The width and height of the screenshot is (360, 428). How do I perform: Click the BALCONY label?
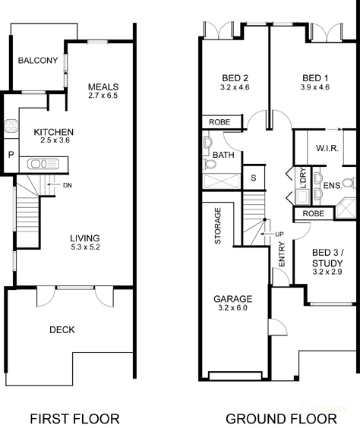38,60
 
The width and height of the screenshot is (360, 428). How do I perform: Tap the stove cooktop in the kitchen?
11,126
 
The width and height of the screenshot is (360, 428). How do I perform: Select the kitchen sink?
43,164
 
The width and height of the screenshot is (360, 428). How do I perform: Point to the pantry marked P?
11,155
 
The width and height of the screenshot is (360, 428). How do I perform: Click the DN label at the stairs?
67,185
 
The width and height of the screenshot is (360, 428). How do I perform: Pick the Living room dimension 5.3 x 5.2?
85,247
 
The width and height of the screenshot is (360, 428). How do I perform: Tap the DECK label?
62,330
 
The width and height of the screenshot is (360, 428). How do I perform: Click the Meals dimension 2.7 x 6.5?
103,96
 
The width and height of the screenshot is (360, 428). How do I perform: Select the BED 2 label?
235,78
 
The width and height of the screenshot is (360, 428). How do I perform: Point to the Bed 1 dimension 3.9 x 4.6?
315,87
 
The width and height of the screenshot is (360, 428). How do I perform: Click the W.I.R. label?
327,148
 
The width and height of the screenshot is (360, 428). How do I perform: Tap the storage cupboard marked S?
254,178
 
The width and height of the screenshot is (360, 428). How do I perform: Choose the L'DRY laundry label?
303,178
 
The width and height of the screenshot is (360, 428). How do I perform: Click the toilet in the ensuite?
349,183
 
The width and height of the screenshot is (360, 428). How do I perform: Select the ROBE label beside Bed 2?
219,122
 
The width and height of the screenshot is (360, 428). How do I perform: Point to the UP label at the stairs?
279,234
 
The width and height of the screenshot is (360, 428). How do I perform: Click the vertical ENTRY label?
282,254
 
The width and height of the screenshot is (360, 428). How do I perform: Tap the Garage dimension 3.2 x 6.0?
232,308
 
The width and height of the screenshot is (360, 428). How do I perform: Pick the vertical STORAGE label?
218,225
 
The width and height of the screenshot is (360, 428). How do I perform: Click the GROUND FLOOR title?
281,419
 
